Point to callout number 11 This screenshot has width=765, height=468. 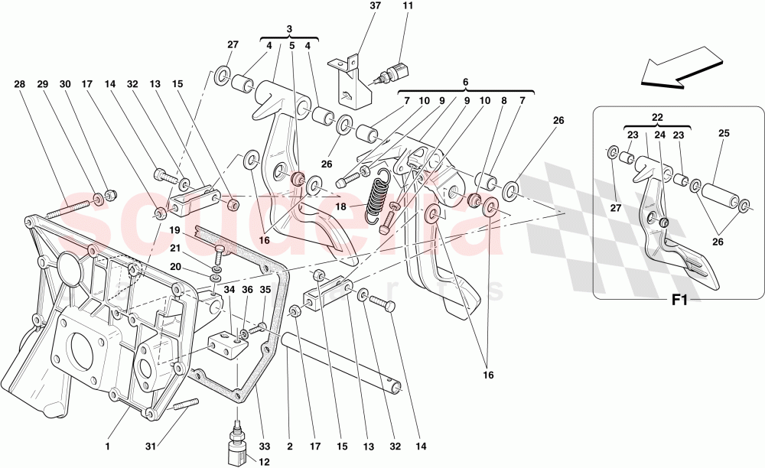[x=407, y=6]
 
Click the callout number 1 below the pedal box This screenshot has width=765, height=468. [x=109, y=447]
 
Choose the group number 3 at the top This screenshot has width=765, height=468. [x=289, y=29]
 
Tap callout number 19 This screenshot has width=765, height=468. [x=174, y=229]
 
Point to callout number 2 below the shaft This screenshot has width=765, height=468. [x=289, y=447]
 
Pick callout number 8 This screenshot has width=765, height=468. [x=503, y=100]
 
